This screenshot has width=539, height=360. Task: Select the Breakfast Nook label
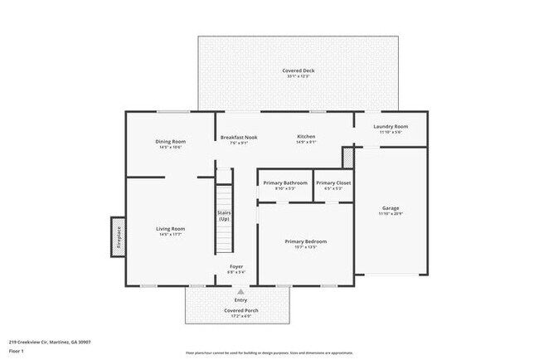point(238,136)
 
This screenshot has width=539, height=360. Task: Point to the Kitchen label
point(307,136)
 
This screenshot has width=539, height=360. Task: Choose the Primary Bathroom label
point(284,182)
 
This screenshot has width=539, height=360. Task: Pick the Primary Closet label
point(334,182)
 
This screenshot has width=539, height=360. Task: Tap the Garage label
point(390,207)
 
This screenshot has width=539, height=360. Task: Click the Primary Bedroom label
point(305,241)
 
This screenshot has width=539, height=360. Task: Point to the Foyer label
point(236,265)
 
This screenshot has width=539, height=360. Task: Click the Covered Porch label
point(241,310)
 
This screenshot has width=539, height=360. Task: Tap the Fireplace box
point(119,238)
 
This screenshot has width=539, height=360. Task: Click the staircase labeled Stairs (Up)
point(224,220)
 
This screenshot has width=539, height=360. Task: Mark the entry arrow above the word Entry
point(241,292)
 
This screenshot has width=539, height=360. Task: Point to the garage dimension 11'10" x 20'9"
point(390,214)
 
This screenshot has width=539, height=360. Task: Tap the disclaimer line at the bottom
point(269,353)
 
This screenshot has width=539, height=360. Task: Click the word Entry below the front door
point(241,299)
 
